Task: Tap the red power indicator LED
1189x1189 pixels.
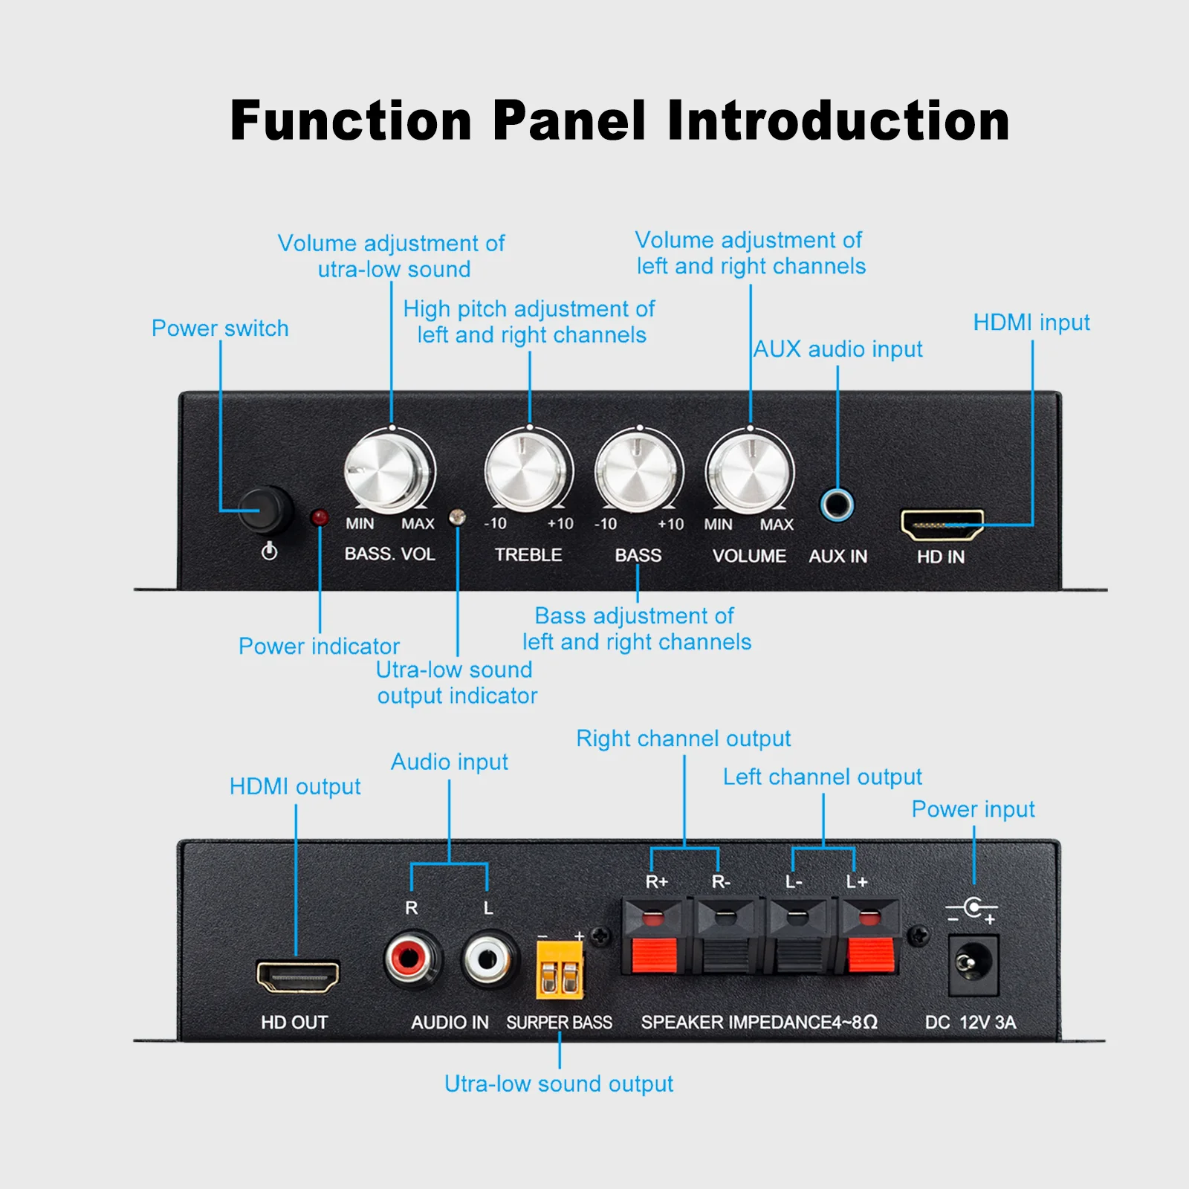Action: (320, 516)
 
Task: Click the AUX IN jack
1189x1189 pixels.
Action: (838, 505)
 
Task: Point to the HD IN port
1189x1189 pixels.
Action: (942, 525)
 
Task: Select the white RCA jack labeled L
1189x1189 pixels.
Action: (487, 959)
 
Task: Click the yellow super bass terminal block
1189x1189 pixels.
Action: (560, 970)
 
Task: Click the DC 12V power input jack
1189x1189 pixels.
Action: (972, 964)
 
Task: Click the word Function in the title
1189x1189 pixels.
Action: (351, 120)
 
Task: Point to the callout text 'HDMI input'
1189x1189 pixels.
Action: (1031, 323)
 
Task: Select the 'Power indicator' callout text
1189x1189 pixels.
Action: (319, 647)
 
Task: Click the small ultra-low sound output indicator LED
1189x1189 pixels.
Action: (458, 516)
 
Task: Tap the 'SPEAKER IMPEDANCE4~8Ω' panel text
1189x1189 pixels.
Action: (759, 1023)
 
